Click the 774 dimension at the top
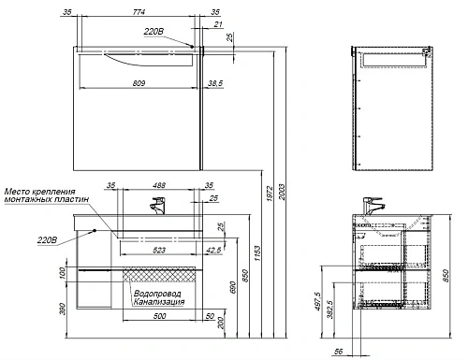tap(139, 12)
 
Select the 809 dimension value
tap(139, 83)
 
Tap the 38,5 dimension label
tap(215, 83)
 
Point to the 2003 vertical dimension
tap(282, 192)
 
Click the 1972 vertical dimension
tap(270, 194)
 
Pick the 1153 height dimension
tap(257, 253)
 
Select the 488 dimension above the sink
tap(159, 185)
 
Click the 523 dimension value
tap(159, 250)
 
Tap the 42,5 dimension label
tap(214, 250)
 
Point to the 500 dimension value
tap(159, 316)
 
